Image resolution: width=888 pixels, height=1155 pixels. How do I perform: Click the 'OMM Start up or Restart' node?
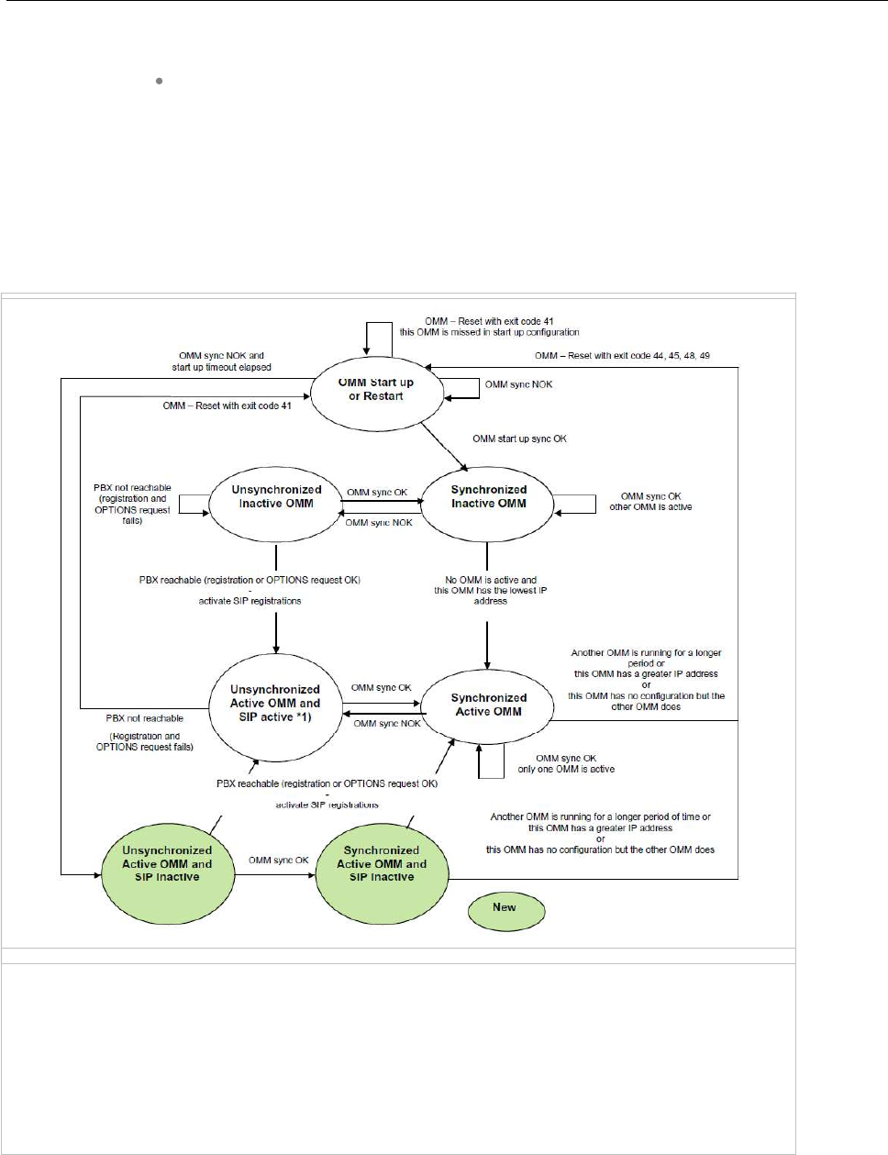point(376,390)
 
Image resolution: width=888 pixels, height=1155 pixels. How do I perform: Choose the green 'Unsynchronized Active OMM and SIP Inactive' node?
point(167,863)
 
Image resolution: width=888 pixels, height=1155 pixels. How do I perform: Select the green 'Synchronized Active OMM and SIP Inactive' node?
point(382,863)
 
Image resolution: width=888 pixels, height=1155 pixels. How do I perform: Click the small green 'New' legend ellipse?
point(505,908)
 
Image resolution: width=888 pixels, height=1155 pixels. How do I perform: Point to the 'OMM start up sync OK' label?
point(519,439)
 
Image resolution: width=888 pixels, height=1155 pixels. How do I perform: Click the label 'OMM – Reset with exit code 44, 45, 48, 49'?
point(622,355)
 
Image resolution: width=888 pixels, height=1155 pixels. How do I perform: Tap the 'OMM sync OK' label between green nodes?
point(278,861)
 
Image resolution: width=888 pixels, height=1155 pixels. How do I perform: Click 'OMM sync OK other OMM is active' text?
point(650,501)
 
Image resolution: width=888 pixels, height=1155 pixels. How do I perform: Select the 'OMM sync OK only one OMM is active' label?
point(566,763)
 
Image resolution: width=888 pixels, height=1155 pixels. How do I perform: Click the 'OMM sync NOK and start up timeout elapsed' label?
point(221,361)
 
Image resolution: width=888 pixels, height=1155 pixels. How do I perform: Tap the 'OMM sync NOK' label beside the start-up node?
point(518,384)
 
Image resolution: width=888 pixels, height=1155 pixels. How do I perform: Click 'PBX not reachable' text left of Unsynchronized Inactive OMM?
point(132,504)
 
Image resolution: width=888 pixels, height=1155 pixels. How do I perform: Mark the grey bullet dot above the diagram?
point(160,82)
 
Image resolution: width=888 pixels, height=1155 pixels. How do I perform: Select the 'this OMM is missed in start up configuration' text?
point(489,332)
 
